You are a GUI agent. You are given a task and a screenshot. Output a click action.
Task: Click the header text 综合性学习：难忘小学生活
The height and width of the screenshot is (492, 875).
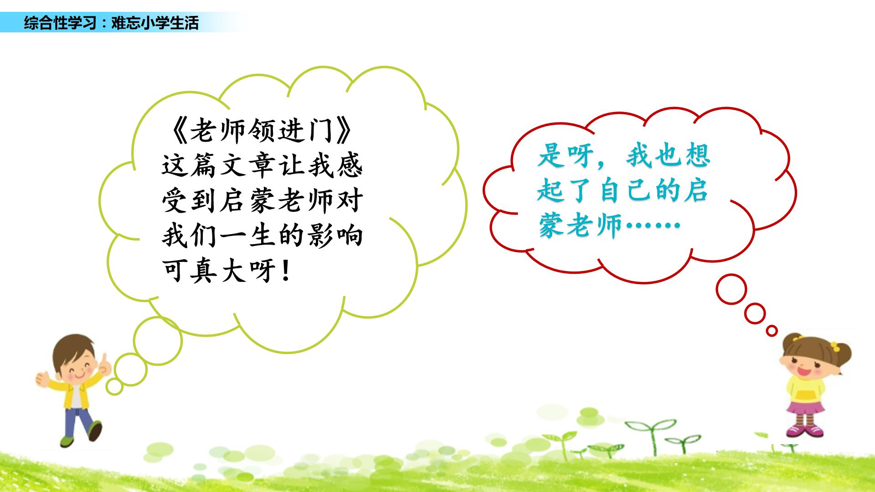[111, 23]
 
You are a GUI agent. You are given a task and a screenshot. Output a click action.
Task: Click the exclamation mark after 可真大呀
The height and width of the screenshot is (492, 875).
[286, 272]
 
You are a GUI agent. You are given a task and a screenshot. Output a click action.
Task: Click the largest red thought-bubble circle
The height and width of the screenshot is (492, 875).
[731, 289]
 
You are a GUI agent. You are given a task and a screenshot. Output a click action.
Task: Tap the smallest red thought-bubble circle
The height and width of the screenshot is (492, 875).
[772, 331]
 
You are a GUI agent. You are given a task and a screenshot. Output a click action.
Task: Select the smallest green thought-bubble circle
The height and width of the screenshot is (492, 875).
[114, 387]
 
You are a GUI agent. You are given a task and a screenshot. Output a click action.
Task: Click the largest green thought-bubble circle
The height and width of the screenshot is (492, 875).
[158, 340]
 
